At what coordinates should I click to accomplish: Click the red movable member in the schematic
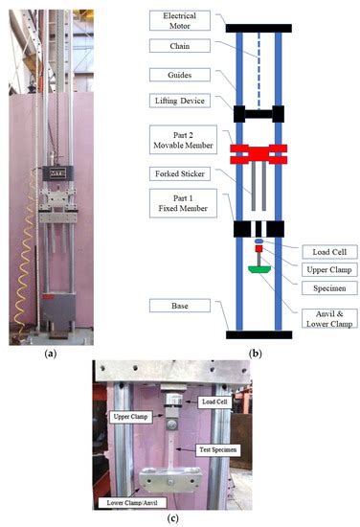click(x=259, y=149)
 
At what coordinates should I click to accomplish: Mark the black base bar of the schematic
click(x=259, y=334)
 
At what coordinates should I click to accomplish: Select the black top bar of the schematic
click(x=259, y=29)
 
